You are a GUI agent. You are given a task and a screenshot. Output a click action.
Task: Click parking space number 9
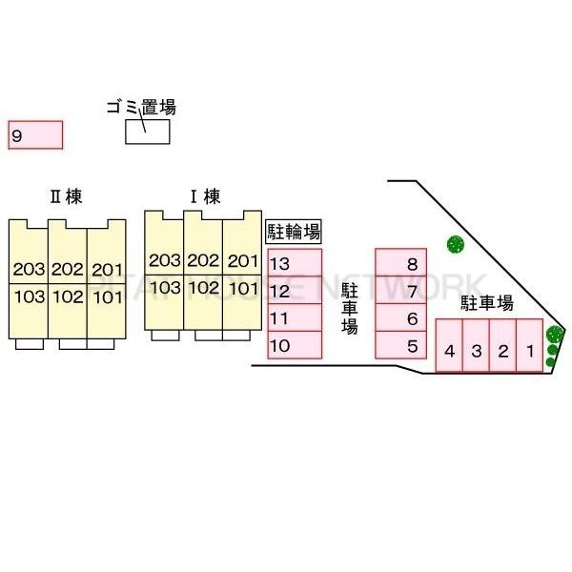35,135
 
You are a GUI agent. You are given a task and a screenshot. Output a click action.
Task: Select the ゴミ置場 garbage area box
148,131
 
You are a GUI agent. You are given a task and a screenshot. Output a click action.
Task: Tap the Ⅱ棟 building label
66,197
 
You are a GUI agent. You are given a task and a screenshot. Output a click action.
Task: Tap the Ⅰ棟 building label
205,197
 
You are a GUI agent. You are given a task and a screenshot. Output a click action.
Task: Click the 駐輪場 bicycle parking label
293,231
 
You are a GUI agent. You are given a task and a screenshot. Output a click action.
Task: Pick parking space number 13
295,263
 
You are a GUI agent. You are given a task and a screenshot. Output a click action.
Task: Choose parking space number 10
295,345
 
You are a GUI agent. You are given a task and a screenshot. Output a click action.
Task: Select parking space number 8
401,263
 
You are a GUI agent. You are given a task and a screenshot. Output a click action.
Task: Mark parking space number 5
401,345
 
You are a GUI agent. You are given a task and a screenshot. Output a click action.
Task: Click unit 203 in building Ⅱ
29,269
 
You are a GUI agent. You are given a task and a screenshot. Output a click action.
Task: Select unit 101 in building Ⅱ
107,296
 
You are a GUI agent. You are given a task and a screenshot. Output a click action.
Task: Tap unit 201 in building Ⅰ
243,261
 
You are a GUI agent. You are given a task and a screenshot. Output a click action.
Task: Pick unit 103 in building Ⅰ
165,288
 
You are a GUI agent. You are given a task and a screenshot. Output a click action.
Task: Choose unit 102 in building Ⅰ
203,288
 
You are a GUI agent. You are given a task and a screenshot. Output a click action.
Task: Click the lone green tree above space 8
455,243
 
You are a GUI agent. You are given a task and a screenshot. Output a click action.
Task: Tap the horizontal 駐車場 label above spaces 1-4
486,304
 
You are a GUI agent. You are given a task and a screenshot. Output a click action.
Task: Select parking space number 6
401,318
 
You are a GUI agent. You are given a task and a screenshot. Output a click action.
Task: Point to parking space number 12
295,291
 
